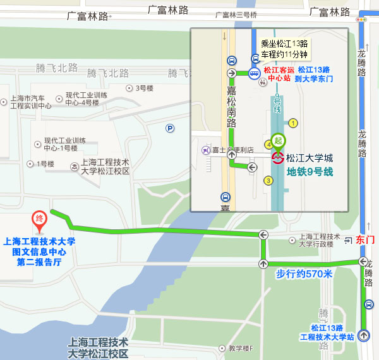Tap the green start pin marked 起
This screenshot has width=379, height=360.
point(278,140)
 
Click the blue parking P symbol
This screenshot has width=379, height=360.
point(169,128)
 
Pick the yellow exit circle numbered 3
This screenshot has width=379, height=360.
point(268,181)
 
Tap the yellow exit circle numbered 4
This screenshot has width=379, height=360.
point(269,145)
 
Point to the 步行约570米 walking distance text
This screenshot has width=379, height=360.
point(304,273)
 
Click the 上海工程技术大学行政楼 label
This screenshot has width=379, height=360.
point(315,240)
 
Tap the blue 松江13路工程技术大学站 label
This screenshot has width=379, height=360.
point(332,332)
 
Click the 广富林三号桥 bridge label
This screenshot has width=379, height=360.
point(236,15)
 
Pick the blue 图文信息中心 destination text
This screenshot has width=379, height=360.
point(39,251)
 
